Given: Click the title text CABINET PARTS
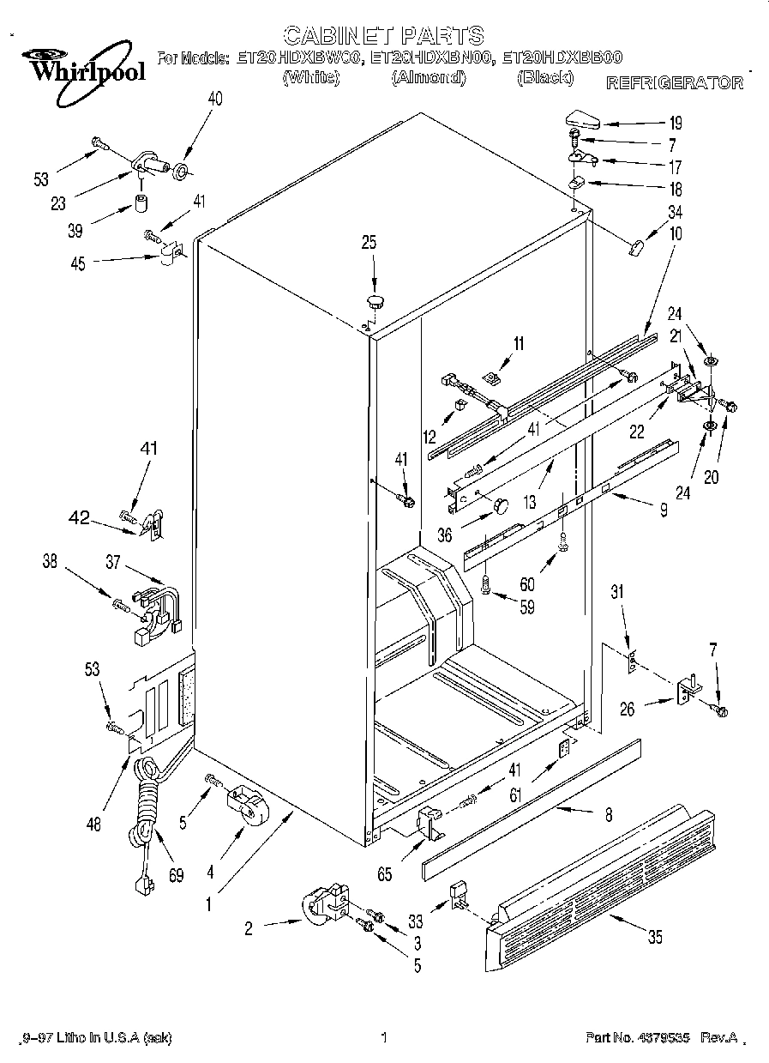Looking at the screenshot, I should (x=383, y=35).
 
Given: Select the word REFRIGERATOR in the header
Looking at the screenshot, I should (x=675, y=83).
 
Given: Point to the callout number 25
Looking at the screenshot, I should (x=369, y=243).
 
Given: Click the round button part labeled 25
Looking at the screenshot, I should (x=375, y=300).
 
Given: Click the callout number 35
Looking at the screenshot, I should (x=655, y=938).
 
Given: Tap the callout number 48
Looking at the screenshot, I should (x=93, y=824).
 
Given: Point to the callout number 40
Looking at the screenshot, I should (x=214, y=99).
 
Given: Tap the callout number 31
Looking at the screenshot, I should (x=616, y=591).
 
